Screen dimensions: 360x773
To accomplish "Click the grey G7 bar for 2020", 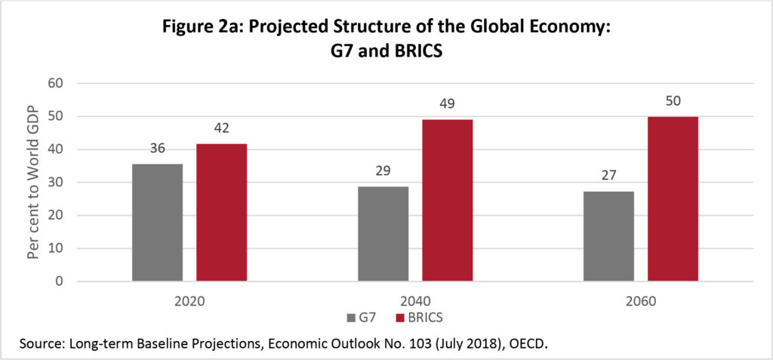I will pyautogui.click(x=157, y=223).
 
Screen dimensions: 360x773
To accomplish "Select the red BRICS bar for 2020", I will pyautogui.click(x=221, y=213).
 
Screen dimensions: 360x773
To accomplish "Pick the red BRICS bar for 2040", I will pyautogui.click(x=447, y=201).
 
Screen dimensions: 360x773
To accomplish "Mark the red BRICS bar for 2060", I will pyautogui.click(x=673, y=199).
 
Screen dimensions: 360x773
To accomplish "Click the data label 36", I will pyautogui.click(x=157, y=150).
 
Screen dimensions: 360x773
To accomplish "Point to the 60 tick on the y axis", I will pyautogui.click(x=56, y=83).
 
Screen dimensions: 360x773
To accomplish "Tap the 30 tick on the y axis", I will pyautogui.click(x=56, y=183).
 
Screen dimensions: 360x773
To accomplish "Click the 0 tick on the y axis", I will pyautogui.click(x=60, y=282).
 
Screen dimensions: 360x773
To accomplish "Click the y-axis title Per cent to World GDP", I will pyautogui.click(x=32, y=183).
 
